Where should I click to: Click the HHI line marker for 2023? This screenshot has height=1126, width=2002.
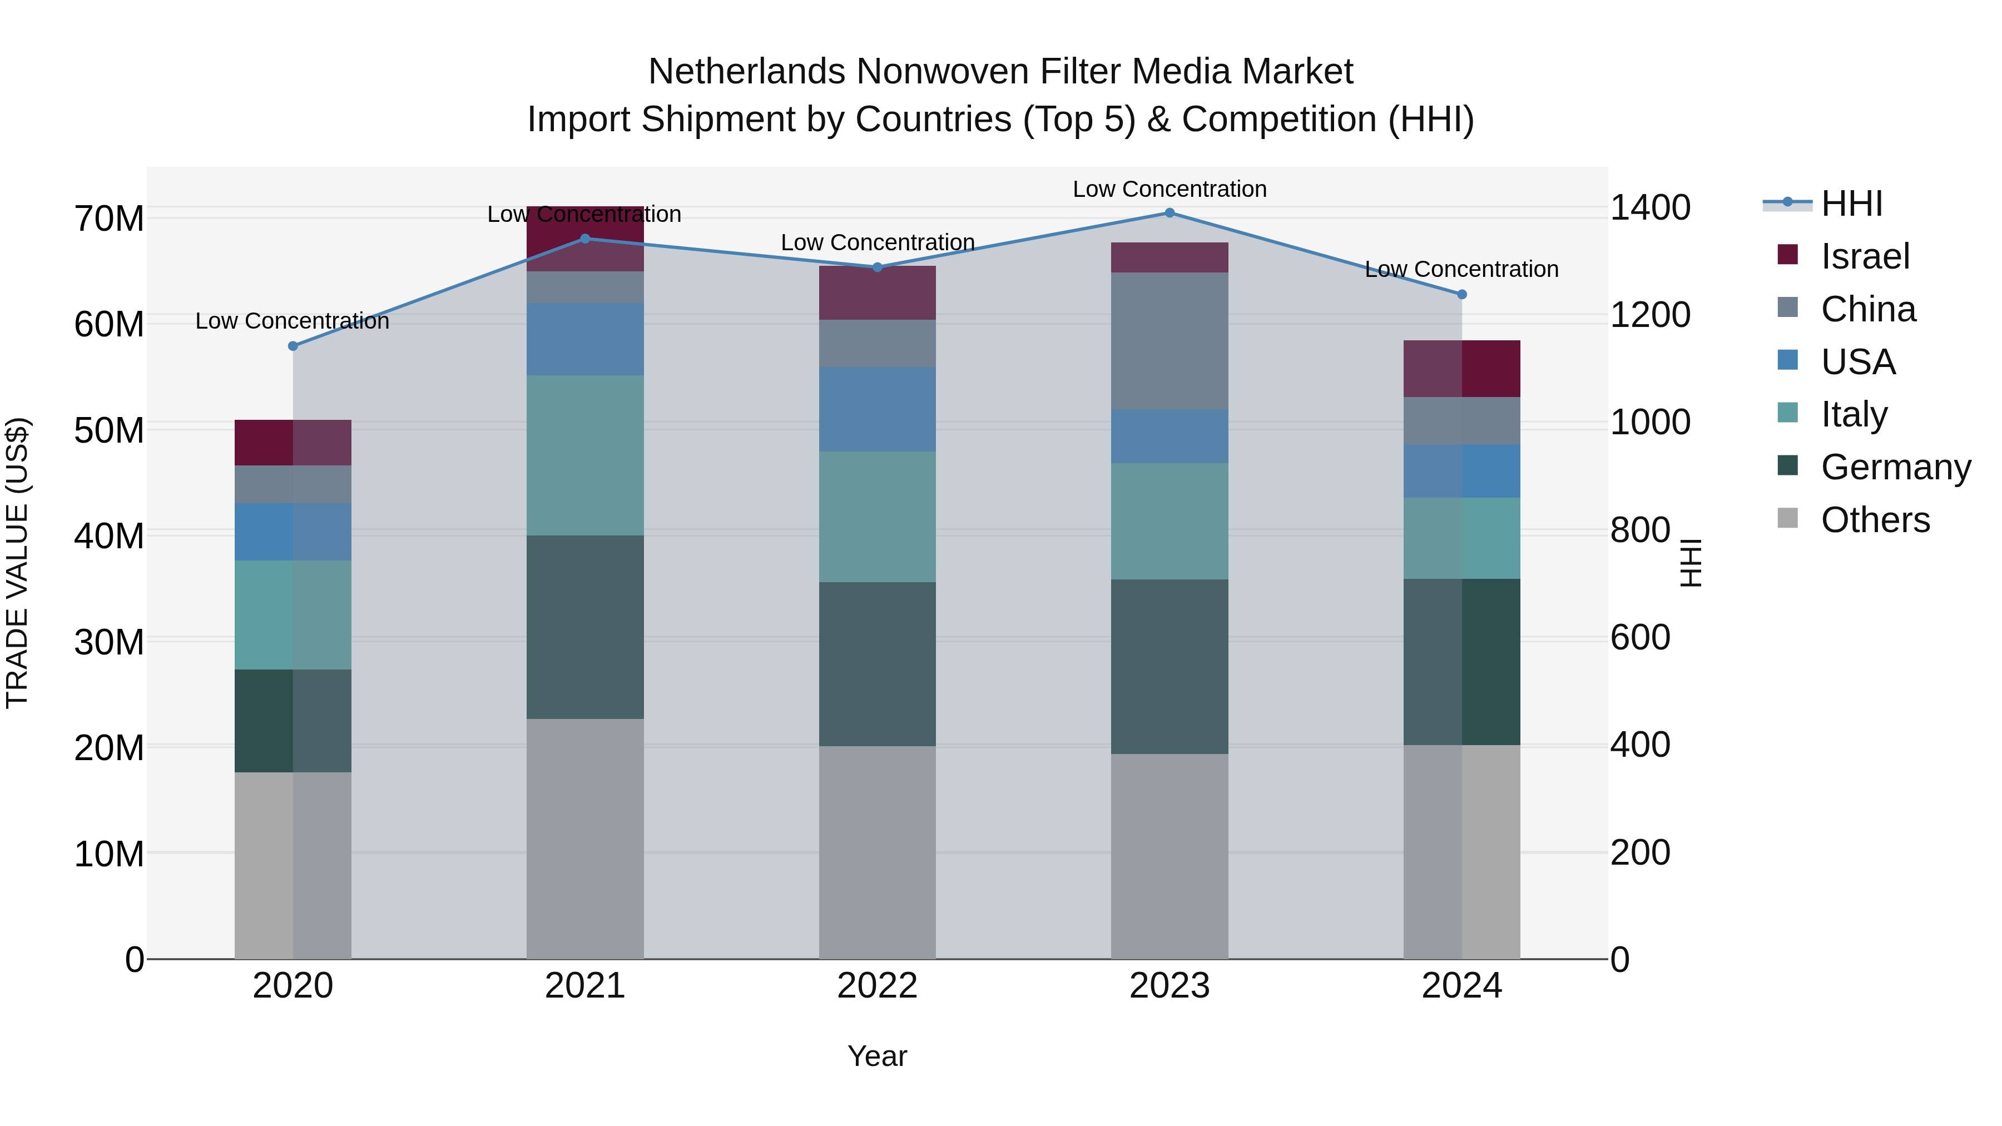pyautogui.click(x=1170, y=213)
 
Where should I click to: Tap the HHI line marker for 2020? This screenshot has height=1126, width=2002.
pyautogui.click(x=293, y=346)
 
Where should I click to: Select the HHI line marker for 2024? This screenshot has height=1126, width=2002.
pyautogui.click(x=1462, y=295)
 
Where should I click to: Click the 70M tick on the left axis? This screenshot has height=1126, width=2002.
pyautogui.click(x=109, y=219)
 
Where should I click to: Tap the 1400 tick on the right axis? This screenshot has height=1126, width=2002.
pyautogui.click(x=1650, y=207)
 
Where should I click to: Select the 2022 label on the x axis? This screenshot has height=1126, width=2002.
pyautogui.click(x=878, y=986)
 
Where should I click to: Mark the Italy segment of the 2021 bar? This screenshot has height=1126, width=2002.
pyautogui.click(x=585, y=455)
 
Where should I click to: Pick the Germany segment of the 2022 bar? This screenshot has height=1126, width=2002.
pyautogui.click(x=878, y=664)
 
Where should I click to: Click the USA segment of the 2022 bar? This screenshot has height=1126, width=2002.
pyautogui.click(x=878, y=409)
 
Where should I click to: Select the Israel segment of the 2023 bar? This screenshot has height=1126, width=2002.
pyautogui.click(x=1170, y=257)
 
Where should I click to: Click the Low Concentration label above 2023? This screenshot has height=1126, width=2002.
pyautogui.click(x=1170, y=189)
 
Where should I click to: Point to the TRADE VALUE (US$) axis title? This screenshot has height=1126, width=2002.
pyautogui.click(x=17, y=563)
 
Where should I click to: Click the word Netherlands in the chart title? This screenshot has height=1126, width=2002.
pyautogui.click(x=747, y=72)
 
